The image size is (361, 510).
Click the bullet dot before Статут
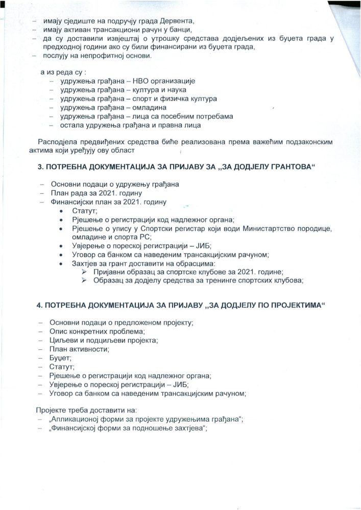[x=62, y=211]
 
